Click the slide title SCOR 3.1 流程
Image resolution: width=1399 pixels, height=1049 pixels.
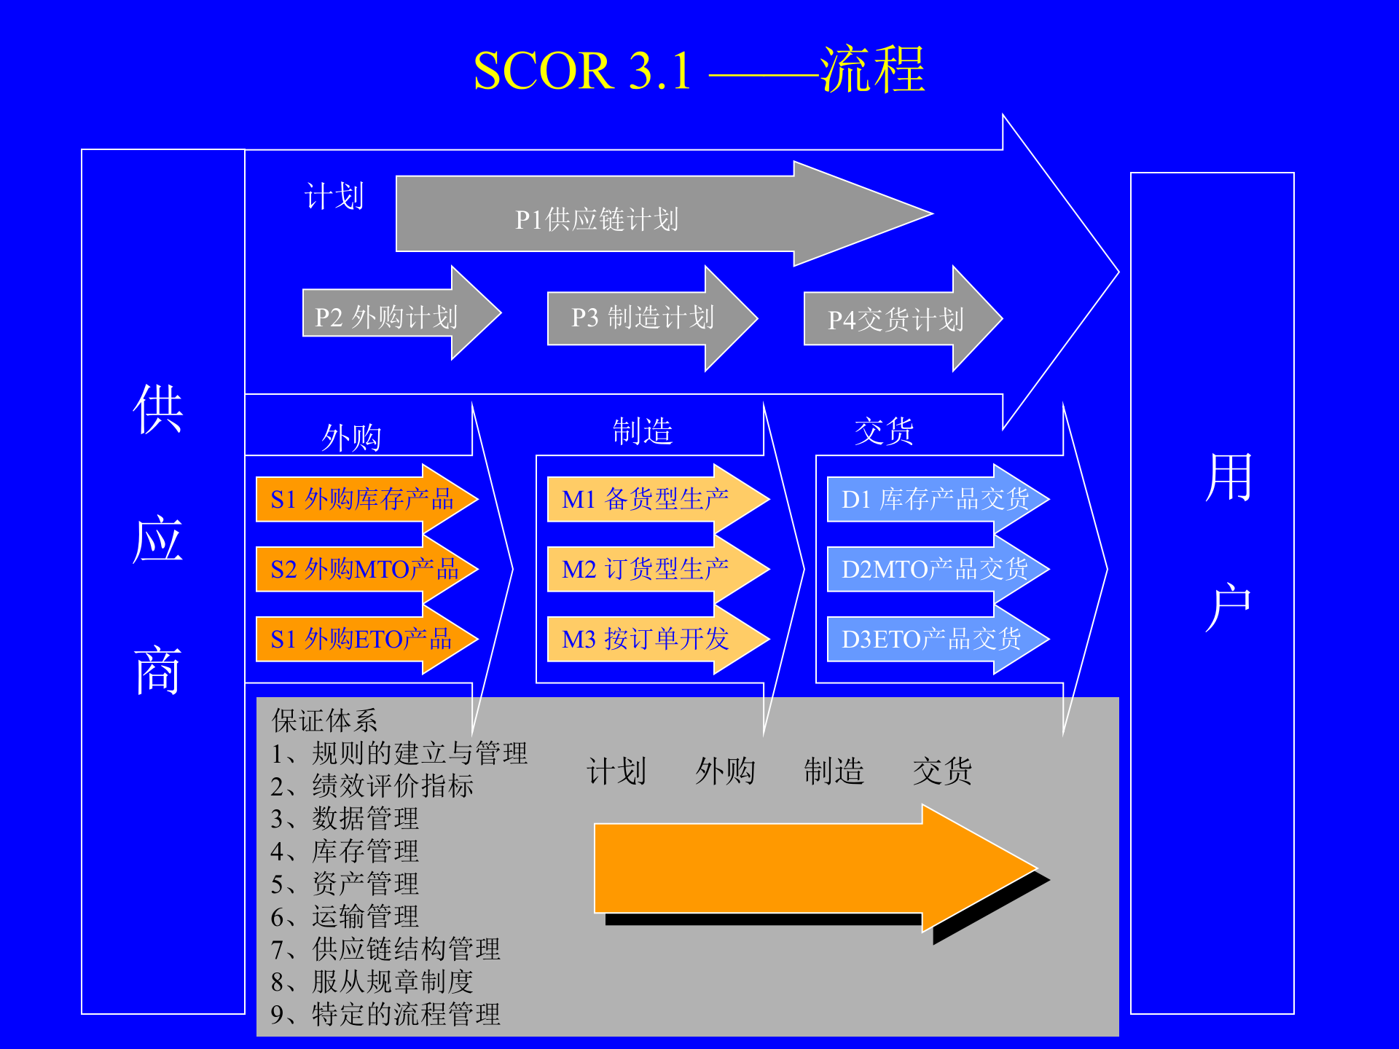(698, 71)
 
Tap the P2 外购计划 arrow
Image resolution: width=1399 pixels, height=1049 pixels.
(386, 318)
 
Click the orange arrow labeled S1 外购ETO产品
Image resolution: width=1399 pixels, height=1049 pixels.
(361, 639)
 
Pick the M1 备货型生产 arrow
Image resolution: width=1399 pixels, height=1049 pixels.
(645, 500)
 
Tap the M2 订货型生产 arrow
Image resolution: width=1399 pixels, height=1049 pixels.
(645, 569)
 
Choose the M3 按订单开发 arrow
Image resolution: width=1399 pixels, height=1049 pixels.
(645, 639)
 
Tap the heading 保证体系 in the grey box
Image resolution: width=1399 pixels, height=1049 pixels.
(324, 720)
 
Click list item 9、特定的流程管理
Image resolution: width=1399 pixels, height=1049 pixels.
(385, 1014)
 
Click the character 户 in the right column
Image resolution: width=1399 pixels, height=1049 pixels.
(1228, 606)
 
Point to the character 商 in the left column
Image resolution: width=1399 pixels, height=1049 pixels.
(157, 670)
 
